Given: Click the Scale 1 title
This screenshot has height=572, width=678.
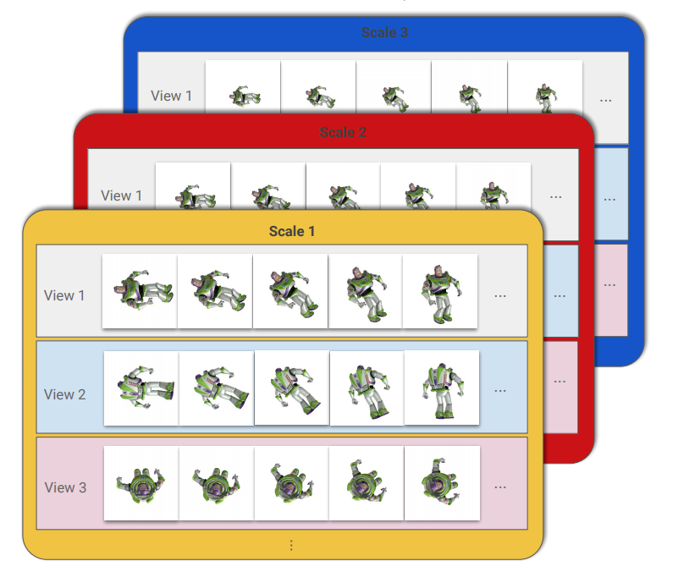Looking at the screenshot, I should coord(292,231).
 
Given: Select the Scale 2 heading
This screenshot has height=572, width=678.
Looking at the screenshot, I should coord(343,132).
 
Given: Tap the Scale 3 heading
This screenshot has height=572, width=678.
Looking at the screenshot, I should coord(384,32).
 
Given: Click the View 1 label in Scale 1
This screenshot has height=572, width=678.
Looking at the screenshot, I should coord(64,295).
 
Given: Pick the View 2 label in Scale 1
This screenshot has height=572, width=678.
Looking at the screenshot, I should coord(64,394).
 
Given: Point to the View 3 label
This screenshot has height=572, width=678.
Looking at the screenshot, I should coord(64,487).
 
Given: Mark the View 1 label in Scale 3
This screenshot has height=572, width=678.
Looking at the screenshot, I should coord(172,96).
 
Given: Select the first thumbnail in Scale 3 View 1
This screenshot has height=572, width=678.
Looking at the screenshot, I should coord(244,95).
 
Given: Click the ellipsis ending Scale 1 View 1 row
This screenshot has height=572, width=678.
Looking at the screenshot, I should coord(500,295).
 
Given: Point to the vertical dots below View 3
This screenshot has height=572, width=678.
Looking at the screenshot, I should coord(291,546).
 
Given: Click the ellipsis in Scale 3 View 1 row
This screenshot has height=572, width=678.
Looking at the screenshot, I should coord(606,99).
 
